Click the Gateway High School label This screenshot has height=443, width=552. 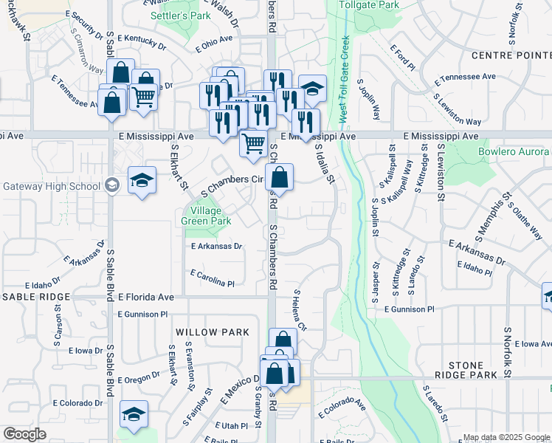tap(51, 185)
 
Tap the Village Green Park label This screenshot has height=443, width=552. tap(207, 216)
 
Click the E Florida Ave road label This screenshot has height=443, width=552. tap(145, 297)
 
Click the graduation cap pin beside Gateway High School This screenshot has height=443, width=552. tap(142, 179)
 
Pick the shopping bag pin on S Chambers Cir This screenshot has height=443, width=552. tap(280, 176)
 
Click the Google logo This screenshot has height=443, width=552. tap(24, 435)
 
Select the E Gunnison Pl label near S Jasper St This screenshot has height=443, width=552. tap(409, 309)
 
